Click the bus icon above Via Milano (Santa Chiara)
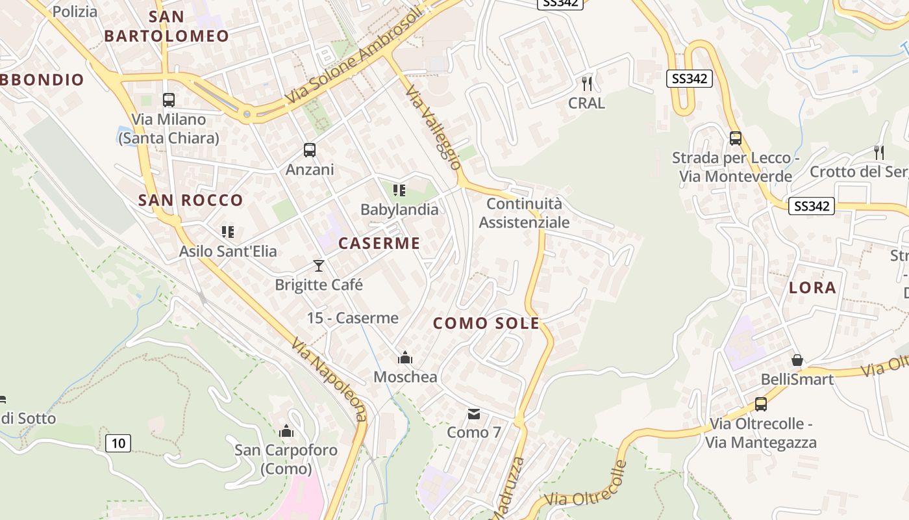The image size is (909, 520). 169,99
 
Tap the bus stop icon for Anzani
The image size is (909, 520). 310,150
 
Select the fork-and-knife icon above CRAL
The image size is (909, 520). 587,83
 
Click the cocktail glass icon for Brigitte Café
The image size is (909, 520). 318,265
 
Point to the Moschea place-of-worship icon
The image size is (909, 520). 405,357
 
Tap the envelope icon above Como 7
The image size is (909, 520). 474,413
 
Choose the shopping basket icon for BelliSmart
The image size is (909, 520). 797,359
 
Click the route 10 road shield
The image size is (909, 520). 118,443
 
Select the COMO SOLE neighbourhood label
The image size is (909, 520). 486,323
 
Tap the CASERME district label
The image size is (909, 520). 379,244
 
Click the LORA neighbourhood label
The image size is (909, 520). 812,288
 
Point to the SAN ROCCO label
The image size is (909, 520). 190,200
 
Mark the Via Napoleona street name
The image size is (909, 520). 329,379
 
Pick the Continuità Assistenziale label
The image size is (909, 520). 524,213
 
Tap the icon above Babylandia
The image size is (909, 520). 399,190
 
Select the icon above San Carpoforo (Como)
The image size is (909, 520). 286,431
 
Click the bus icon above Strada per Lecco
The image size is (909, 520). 735,138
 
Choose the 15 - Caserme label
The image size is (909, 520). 353,318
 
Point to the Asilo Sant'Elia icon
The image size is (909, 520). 227,232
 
